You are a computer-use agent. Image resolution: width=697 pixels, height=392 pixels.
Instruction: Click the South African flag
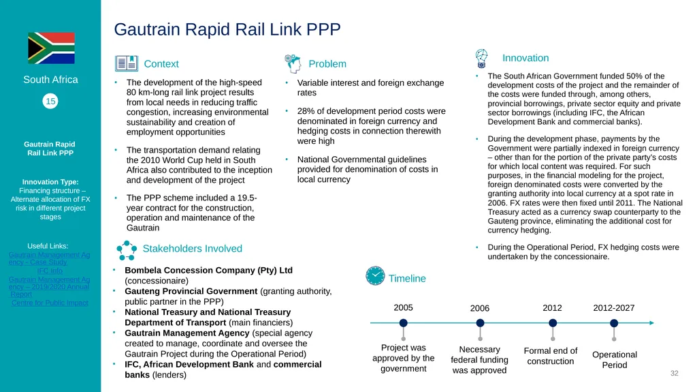tap(51, 48)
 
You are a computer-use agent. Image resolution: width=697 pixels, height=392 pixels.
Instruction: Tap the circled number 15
tap(50, 101)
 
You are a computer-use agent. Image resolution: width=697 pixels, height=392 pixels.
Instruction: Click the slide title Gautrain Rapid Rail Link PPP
tap(227, 29)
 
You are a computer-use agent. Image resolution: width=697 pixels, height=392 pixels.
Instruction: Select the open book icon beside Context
tap(126, 63)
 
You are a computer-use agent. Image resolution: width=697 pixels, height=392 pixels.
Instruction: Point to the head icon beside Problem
tap(293, 63)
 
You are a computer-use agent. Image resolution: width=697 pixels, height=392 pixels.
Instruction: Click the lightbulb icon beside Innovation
tap(481, 59)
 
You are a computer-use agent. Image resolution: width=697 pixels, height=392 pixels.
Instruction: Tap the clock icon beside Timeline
tap(375, 275)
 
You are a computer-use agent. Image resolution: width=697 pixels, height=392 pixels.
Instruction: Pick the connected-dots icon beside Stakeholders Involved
tap(127, 250)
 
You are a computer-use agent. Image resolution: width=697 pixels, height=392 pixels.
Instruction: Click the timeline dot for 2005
tap(403, 323)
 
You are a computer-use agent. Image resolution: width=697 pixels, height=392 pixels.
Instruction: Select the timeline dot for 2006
tap(480, 323)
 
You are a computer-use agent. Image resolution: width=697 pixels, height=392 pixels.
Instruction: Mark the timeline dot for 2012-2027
tap(614, 323)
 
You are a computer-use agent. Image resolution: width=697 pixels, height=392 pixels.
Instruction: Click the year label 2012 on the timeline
tap(552, 308)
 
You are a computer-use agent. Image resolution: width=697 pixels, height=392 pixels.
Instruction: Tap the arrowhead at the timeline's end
tap(651, 323)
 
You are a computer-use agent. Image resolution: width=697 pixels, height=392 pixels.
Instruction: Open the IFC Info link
tap(50, 271)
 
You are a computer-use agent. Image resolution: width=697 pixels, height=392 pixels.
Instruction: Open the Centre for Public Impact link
tap(50, 303)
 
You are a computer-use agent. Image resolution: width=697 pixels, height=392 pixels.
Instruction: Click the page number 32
tap(675, 374)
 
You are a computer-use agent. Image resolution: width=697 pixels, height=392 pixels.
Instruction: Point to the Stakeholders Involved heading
tap(193, 249)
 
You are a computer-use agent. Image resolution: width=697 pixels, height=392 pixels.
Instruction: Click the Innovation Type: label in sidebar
tap(50, 182)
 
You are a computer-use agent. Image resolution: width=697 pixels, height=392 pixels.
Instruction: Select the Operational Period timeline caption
tap(615, 359)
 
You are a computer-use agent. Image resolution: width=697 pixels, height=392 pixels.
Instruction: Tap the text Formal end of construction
tap(551, 356)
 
